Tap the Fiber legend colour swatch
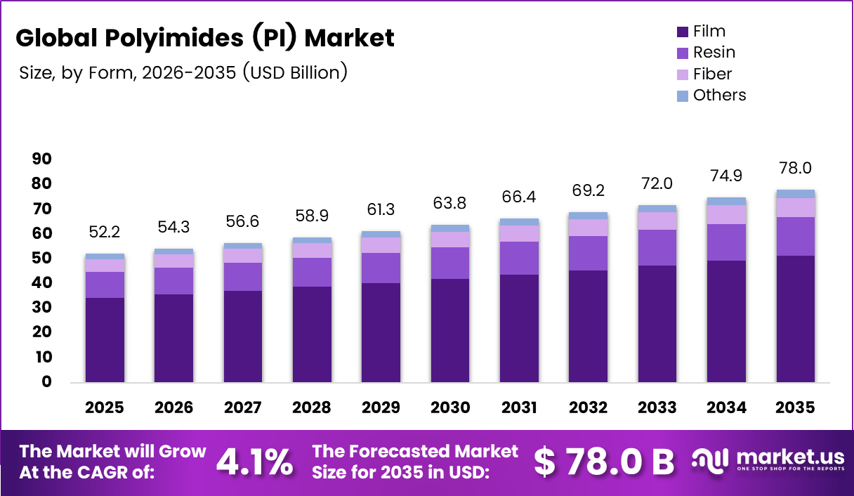[x=683, y=74]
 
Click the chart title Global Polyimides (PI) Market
[x=205, y=38]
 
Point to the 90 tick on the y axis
[x=41, y=159]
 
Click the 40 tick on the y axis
[x=41, y=283]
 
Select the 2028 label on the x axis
[x=311, y=407]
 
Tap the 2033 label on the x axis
[x=657, y=407]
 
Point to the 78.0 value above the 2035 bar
[x=795, y=169]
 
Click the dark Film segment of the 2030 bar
[x=449, y=330]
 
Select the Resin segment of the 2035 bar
[x=795, y=236]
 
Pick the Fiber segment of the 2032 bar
[x=588, y=228]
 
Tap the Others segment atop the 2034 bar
[x=726, y=202]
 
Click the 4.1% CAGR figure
[x=254, y=462]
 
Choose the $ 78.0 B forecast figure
[x=603, y=462]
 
